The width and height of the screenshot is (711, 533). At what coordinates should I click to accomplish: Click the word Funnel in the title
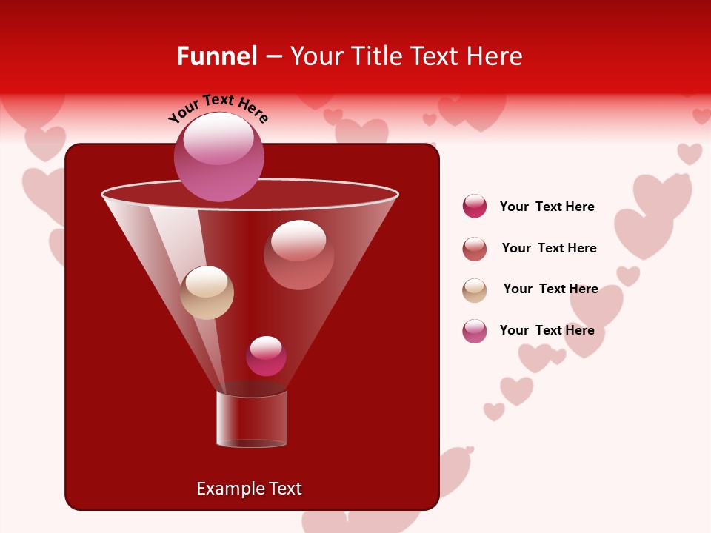216,56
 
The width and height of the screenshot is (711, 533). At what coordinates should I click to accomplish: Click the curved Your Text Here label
218,107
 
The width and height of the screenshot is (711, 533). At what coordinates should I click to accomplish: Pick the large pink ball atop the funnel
219,156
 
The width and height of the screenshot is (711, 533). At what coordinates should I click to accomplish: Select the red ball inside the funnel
298,255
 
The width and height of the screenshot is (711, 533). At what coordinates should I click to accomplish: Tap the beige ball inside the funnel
207,292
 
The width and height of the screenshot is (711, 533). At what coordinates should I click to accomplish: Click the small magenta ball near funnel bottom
266,356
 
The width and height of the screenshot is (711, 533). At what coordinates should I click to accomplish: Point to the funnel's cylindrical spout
252,419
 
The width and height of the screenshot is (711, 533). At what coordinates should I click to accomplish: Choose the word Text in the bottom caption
284,489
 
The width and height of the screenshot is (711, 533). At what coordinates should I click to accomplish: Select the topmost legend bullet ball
475,206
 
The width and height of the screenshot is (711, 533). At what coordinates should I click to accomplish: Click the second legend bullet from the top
475,249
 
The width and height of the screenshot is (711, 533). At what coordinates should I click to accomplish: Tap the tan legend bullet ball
475,290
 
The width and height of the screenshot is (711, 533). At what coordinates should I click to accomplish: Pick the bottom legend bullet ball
475,331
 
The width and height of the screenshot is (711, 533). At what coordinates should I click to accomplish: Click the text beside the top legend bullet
547,207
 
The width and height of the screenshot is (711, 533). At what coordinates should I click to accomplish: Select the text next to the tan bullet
550,289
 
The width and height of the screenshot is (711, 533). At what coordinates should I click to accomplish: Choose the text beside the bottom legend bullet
547,330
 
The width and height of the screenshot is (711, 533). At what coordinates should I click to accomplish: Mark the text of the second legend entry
549,248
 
